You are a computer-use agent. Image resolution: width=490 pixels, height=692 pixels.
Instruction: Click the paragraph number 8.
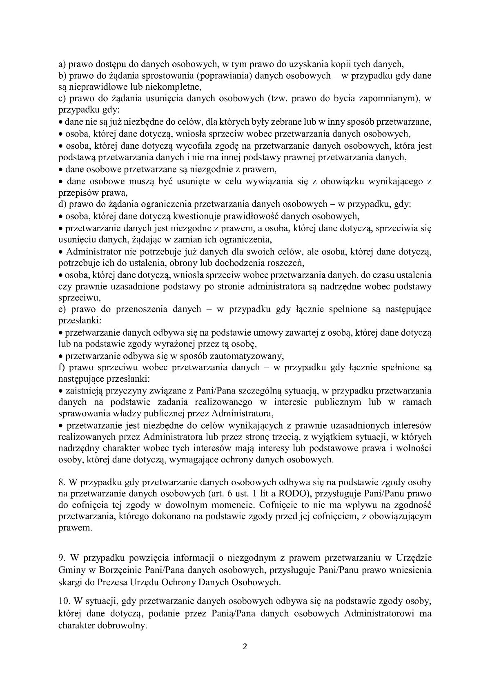[62, 482]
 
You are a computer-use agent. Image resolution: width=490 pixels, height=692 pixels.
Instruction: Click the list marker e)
[62, 309]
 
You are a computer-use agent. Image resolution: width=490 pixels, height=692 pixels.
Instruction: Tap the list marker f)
[62, 367]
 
